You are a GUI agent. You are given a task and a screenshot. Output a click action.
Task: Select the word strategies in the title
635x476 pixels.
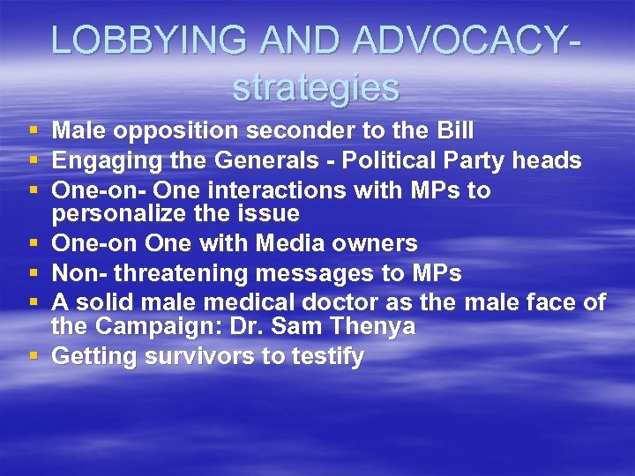point(316,87)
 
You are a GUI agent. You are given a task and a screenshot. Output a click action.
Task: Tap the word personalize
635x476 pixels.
point(128,213)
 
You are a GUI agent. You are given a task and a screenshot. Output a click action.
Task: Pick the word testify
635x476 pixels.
point(326,357)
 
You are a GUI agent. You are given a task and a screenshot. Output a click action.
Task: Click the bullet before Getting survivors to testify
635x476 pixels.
point(34,357)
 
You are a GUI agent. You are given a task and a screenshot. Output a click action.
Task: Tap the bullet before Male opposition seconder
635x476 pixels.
point(34,131)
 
